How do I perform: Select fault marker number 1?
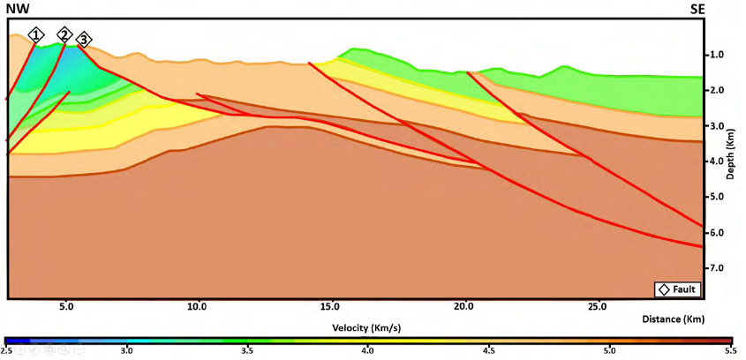click(35, 34)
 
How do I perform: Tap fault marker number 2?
click(64, 34)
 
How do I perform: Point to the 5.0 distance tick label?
click(65, 308)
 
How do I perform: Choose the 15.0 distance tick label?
click(331, 308)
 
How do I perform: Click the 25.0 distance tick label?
click(597, 308)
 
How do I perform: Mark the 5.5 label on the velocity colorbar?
click(728, 351)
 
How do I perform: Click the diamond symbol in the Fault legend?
click(662, 289)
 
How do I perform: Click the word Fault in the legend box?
click(685, 289)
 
